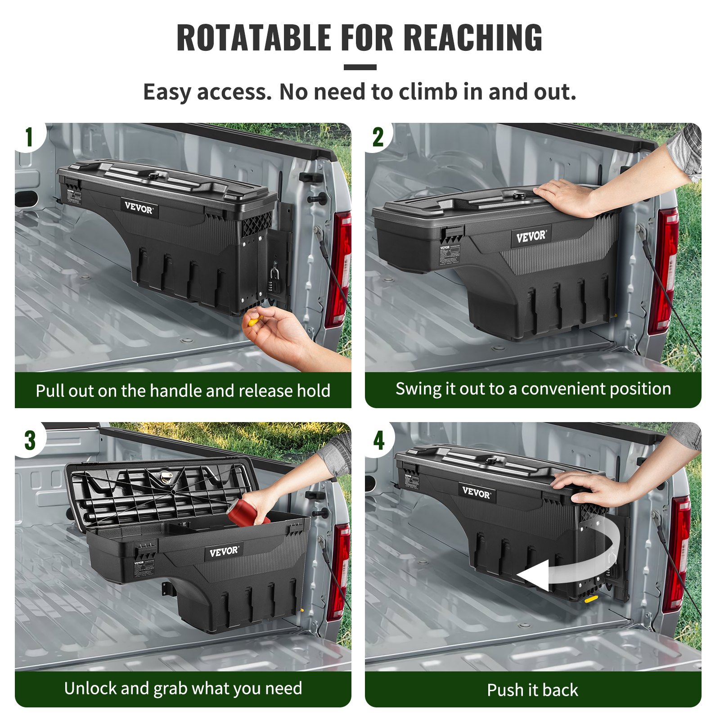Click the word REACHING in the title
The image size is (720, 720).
point(473,38)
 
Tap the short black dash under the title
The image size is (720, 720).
point(360,67)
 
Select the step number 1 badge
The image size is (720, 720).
point(29,137)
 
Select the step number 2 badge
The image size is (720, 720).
point(378,137)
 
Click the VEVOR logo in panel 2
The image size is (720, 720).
point(531,236)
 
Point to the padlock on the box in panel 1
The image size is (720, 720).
point(274,274)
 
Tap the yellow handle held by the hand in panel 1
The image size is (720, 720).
point(254,321)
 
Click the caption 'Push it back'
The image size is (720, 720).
point(532,690)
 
